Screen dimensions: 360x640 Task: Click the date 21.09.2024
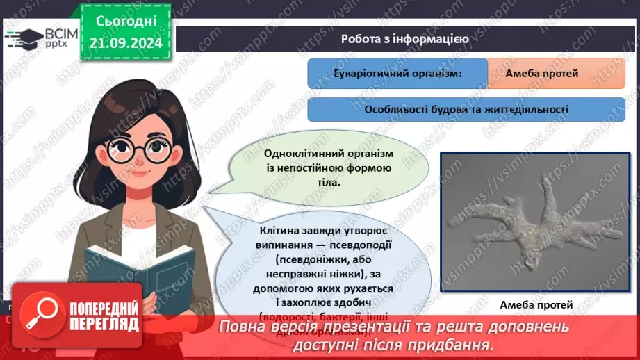pos(125,43)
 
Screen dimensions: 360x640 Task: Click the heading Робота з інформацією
pos(404,39)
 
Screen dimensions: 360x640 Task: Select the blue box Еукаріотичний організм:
pos(397,73)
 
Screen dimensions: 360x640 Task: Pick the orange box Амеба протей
pos(556,73)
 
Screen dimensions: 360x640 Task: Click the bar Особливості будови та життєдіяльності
pos(466,109)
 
